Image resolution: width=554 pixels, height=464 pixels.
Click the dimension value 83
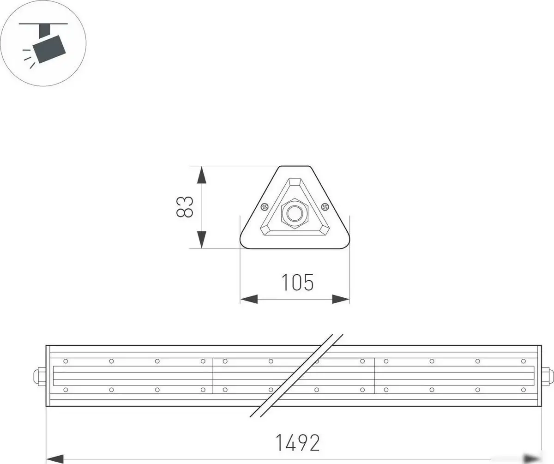click(x=185, y=207)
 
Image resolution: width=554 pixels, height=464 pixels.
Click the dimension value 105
click(x=298, y=282)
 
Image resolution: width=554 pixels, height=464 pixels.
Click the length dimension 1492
click(x=298, y=443)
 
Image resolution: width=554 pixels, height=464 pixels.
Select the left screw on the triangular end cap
click(x=265, y=206)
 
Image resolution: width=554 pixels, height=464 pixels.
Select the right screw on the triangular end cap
click(x=325, y=206)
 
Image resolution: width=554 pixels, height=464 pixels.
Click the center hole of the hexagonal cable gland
click(x=294, y=213)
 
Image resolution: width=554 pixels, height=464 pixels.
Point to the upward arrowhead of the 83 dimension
click(x=201, y=175)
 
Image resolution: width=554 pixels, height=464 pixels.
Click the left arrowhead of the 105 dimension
click(x=249, y=299)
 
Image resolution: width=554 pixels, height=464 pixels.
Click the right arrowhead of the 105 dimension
click(x=341, y=299)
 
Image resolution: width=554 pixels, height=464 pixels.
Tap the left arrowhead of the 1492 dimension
click(x=55, y=459)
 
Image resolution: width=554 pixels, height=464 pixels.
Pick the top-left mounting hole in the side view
click(x=66, y=361)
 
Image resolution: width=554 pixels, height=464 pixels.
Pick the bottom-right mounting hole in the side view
click(x=523, y=390)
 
